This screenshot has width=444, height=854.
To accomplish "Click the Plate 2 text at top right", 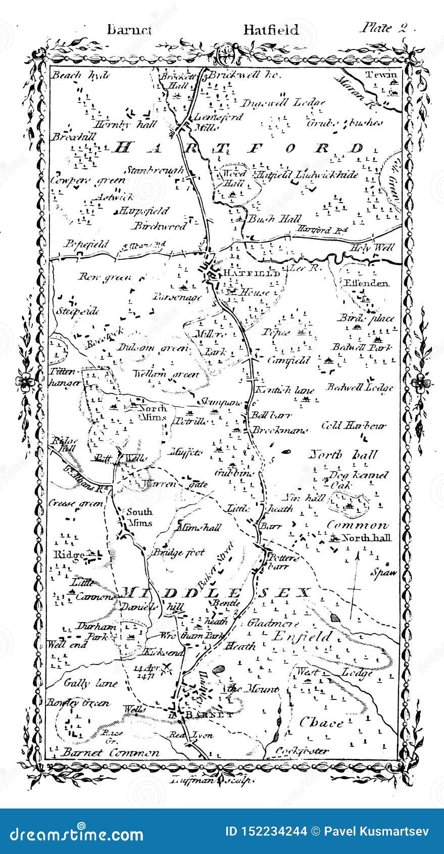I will pos(383,28).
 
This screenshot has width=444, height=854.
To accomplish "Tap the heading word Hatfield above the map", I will pos(271,29).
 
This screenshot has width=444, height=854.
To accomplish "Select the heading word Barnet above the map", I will pos(129,29).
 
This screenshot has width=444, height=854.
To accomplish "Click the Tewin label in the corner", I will pos(382,75).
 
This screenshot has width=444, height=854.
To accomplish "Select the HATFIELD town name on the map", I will pos(251,273).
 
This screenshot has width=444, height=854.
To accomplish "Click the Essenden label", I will pos(366,283).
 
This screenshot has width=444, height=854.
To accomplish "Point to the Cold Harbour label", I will pos(354,425).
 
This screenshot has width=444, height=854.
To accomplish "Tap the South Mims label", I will pos(139,517).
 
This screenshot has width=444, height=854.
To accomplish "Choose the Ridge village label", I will pos(69,555).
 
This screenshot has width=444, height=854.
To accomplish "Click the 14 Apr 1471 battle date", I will pos(147,671).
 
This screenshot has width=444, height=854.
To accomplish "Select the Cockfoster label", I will pos(302,751).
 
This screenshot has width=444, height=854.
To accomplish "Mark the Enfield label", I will pos(302,636).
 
